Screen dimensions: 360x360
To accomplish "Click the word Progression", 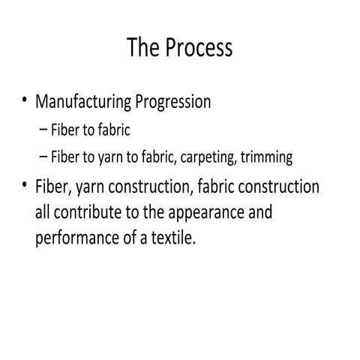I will point(174,102).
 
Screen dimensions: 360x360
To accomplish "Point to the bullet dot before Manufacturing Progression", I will point(25,100).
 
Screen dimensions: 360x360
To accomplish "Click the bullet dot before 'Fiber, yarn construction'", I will point(25,184).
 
